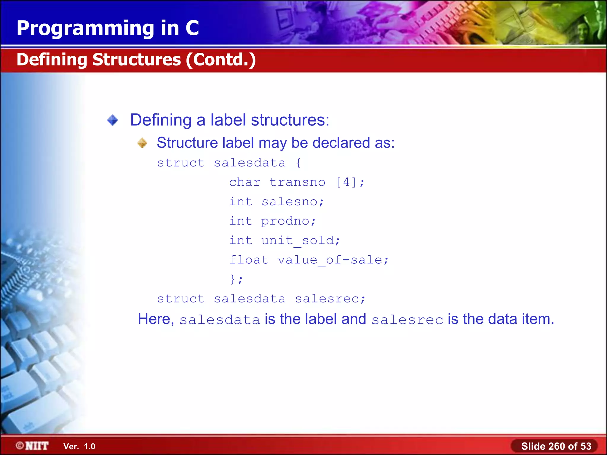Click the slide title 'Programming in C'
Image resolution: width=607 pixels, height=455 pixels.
(108, 28)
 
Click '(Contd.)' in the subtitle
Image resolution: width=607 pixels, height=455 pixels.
(221, 60)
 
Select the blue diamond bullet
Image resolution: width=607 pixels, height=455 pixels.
(113, 120)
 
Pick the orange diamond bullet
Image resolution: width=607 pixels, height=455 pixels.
(142, 143)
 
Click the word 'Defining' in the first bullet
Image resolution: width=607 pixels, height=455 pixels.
(161, 120)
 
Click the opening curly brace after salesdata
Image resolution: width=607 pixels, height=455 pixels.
(298, 163)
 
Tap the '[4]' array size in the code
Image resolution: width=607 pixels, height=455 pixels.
(346, 182)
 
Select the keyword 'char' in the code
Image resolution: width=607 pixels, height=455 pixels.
(245, 182)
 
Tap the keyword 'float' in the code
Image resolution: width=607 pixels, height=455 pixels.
(249, 260)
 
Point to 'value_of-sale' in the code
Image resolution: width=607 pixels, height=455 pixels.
(330, 260)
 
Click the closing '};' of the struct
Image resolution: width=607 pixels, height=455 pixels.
(236, 279)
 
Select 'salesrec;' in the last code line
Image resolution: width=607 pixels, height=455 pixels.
(330, 299)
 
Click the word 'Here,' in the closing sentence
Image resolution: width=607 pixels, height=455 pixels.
(156, 319)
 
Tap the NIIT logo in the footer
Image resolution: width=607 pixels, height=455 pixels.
(32, 446)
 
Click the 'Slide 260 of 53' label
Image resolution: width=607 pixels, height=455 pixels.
(556, 446)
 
